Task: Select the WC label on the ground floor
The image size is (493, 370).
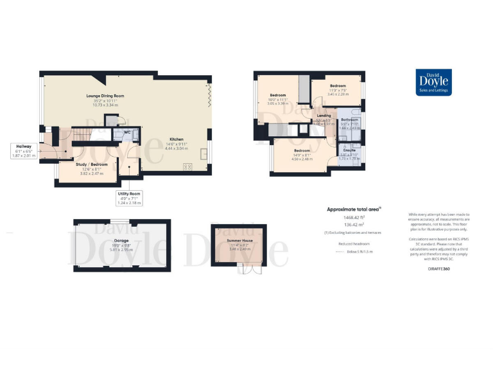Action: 128,133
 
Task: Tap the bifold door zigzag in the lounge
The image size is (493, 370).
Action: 208,93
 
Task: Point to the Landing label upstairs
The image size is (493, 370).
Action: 324,116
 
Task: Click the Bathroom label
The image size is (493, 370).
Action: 349,119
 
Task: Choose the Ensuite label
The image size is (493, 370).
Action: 349,152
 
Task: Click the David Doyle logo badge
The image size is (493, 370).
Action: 429,82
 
